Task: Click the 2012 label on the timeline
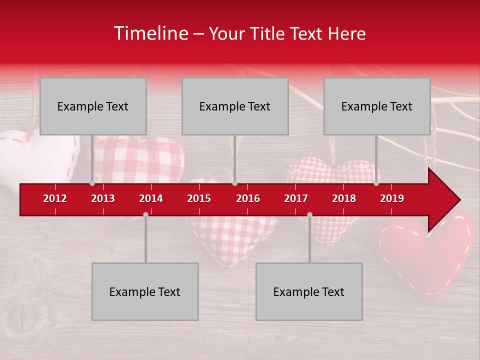(55, 198)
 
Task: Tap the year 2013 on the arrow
(103, 198)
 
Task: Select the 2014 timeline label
(151, 198)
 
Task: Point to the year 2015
(199, 198)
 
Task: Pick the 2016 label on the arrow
(248, 198)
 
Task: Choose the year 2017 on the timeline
(296, 198)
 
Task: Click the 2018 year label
(344, 198)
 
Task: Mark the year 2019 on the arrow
(392, 198)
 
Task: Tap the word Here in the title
(346, 34)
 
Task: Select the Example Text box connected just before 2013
(93, 106)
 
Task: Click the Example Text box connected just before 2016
(235, 106)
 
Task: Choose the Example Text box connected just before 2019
(377, 106)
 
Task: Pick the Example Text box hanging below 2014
(145, 291)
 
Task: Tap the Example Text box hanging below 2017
(309, 291)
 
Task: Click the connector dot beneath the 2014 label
(145, 214)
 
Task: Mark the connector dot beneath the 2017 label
(309, 214)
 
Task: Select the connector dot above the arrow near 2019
(376, 183)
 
